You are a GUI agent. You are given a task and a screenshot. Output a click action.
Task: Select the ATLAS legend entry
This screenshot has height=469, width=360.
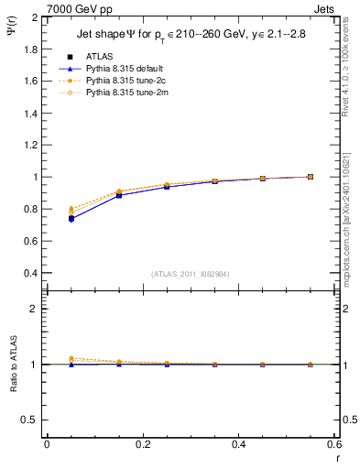tap(101, 57)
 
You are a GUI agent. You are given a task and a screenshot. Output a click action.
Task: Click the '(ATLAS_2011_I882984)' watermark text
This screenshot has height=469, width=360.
tap(191, 274)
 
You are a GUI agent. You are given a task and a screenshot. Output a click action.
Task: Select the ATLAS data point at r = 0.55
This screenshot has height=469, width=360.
tap(311, 177)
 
